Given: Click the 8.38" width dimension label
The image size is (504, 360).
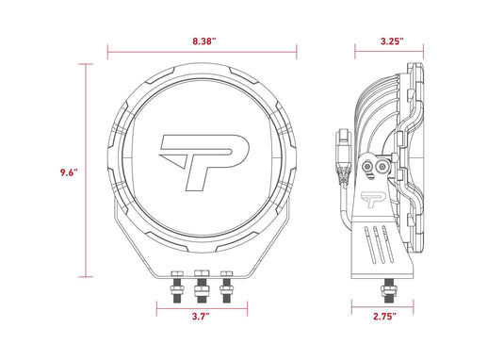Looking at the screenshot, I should (202, 41).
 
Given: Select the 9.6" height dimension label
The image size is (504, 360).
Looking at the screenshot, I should (67, 172).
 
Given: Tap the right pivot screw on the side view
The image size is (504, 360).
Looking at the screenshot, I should (381, 166).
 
